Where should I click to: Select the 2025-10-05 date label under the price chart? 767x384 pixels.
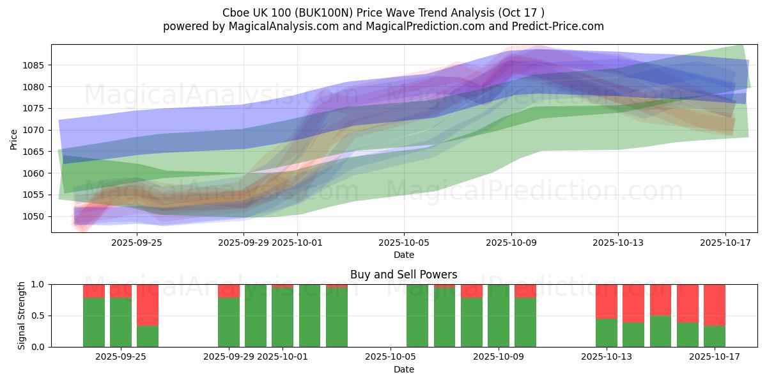403,243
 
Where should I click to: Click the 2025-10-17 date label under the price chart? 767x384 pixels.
725,243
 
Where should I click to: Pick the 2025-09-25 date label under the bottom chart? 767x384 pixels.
120,357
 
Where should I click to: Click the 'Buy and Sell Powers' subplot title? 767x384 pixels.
403,275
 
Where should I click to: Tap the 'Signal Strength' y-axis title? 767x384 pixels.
21,315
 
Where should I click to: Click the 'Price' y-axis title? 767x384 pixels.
14,139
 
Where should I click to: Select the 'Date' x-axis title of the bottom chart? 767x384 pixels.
403,369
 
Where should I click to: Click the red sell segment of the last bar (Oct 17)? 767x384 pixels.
715,305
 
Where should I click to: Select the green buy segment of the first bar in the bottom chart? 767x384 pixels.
94,322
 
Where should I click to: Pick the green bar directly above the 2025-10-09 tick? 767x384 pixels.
499,316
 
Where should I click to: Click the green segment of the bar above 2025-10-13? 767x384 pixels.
607,332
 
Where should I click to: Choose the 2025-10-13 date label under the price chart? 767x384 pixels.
617,243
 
